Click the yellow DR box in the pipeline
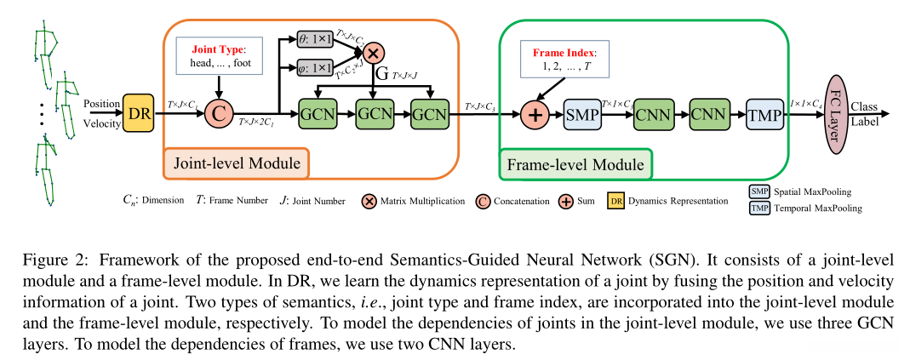[139, 112]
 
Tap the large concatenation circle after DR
[220, 112]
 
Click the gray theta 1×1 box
[315, 39]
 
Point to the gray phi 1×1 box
[315, 67]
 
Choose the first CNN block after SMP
[653, 113]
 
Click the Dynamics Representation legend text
[680, 202]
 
